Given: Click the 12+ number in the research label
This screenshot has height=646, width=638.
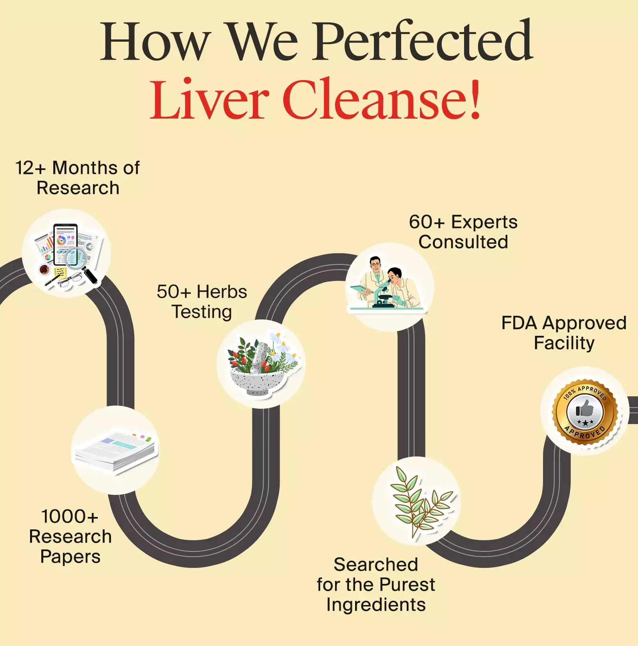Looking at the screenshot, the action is [30, 168].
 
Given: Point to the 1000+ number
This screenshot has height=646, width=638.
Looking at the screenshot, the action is [70, 517].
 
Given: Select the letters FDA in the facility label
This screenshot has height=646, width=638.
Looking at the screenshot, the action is [519, 323].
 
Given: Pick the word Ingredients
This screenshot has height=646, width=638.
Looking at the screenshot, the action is [376, 605].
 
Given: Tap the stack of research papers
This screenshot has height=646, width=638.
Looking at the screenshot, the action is [115, 450].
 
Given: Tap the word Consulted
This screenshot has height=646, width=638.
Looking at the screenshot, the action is [463, 242].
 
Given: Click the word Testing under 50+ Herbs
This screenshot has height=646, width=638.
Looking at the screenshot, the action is [202, 312].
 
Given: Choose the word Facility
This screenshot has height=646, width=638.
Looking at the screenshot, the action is [564, 343].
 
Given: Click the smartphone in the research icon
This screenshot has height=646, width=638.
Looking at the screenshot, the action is [65, 244].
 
